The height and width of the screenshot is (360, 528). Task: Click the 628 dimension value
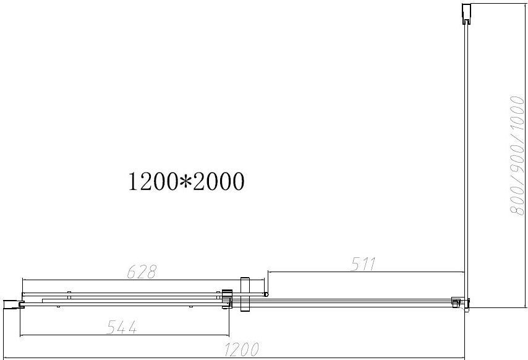(x=142, y=272)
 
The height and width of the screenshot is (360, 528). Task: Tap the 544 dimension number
(x=122, y=327)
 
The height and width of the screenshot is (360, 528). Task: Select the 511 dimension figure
(x=363, y=264)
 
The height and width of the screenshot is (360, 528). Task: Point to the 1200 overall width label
(x=242, y=349)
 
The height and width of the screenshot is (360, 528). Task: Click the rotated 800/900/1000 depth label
(x=517, y=156)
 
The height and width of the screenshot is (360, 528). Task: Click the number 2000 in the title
(x=218, y=181)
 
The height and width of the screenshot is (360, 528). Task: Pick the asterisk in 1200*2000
(x=185, y=181)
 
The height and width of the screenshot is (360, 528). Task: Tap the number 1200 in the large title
(x=153, y=181)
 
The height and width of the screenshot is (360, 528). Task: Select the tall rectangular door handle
(x=245, y=294)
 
